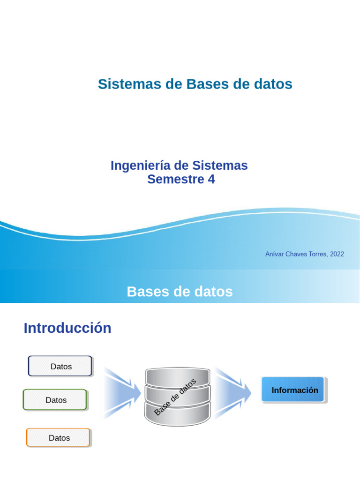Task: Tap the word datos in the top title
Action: point(273,84)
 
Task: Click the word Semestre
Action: point(176,179)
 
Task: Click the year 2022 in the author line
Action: point(337,254)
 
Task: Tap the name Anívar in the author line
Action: point(274,254)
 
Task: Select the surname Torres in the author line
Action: point(317,254)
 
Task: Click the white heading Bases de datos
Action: point(180,292)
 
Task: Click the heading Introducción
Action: point(67,328)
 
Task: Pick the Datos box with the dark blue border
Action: point(60,366)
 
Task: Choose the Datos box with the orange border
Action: point(58,437)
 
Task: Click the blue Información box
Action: point(293,390)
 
